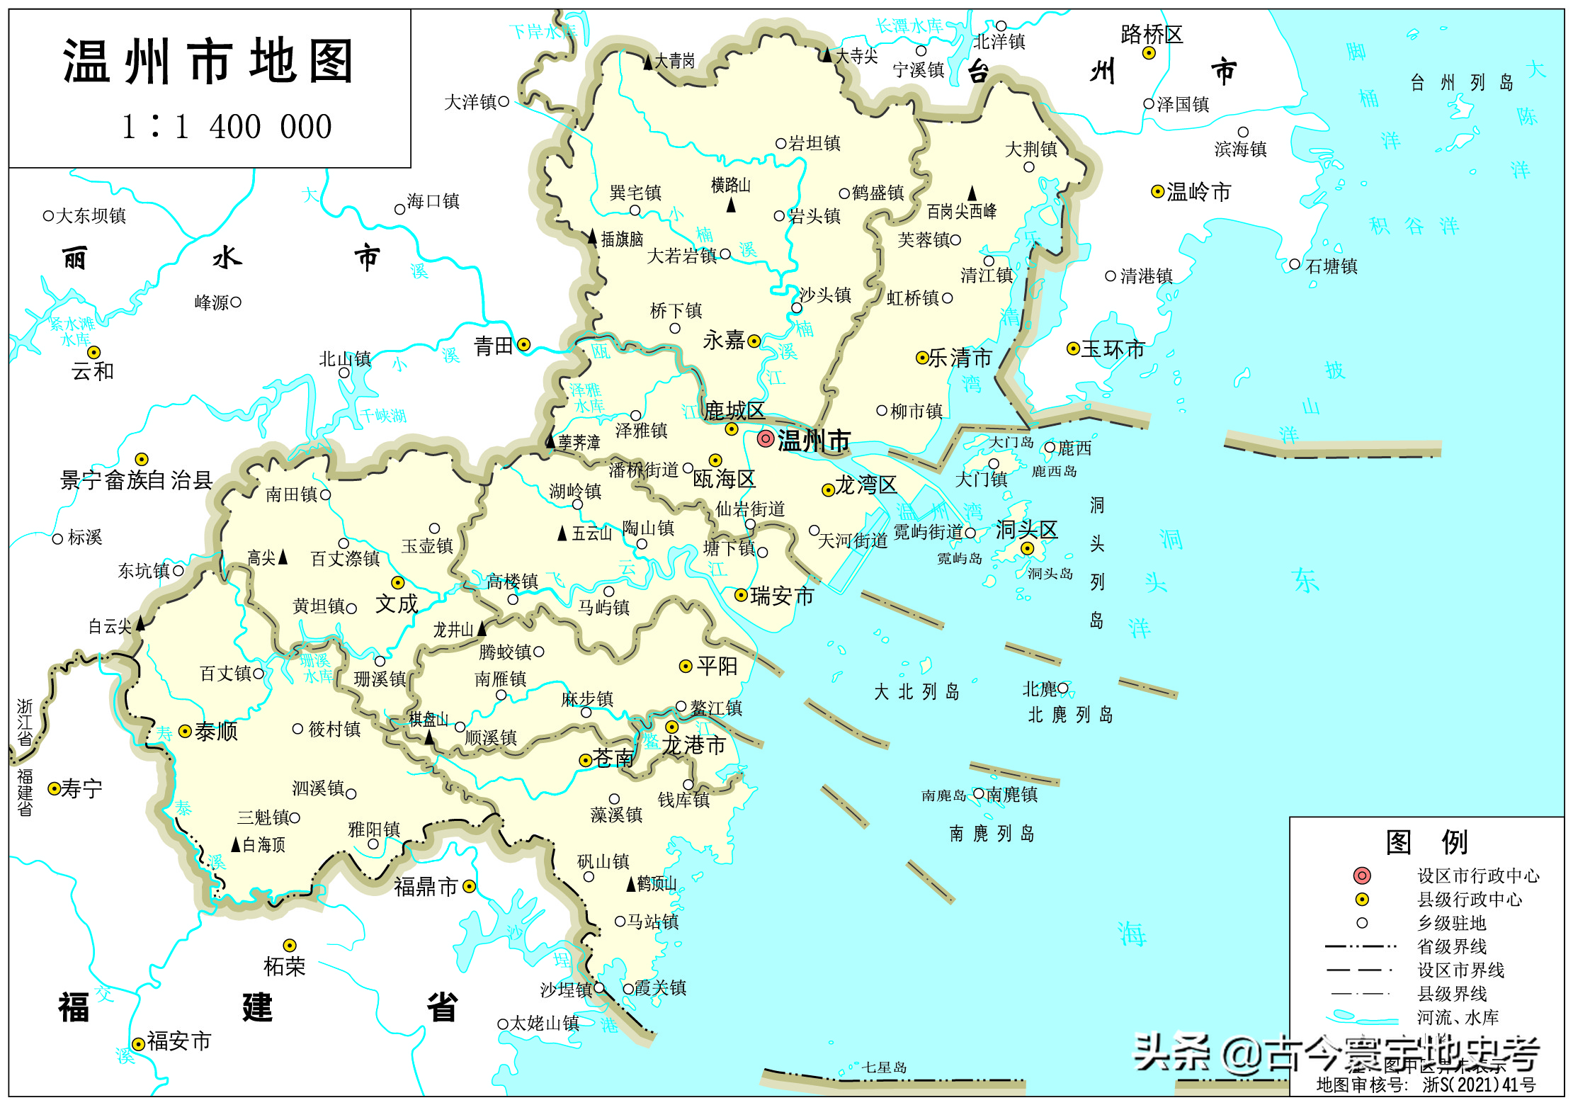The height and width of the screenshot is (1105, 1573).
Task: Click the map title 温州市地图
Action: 208,62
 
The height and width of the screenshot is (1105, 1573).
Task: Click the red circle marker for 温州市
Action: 765,438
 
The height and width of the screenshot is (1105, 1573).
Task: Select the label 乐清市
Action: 960,358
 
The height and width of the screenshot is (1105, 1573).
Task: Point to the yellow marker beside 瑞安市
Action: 741,595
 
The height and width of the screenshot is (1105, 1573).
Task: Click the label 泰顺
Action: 216,731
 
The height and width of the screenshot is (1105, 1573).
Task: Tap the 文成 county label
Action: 397,604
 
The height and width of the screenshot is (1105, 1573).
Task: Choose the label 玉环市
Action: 1113,348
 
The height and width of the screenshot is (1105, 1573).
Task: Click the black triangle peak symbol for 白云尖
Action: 140,623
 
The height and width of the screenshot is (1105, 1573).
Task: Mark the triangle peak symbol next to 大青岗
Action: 647,62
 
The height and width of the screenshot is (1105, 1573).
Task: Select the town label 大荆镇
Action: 1031,149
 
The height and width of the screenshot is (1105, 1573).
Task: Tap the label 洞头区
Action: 1026,529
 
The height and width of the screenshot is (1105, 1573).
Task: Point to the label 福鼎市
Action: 426,887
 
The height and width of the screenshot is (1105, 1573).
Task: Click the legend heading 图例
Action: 1426,842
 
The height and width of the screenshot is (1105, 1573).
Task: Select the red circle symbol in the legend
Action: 1361,875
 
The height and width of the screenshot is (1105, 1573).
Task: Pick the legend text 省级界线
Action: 1451,946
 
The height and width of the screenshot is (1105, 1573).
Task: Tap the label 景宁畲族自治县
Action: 136,480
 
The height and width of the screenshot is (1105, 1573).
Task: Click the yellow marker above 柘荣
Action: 290,946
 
